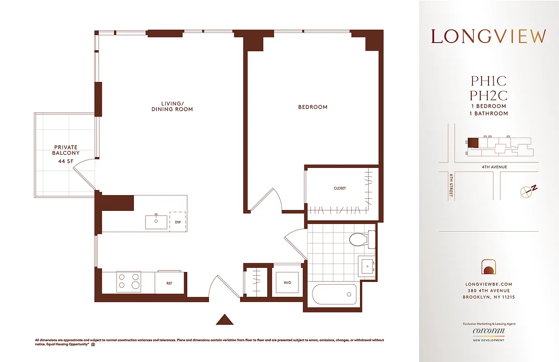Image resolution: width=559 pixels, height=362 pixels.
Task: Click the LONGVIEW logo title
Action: [488, 37]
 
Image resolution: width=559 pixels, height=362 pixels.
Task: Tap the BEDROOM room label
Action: [313, 107]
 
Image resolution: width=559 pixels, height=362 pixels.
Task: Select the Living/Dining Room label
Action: [172, 106]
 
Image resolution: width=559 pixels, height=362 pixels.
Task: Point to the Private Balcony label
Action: [66, 150]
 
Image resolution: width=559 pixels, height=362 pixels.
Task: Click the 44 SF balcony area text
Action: [66, 162]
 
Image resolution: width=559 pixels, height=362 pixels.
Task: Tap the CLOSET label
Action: [340, 188]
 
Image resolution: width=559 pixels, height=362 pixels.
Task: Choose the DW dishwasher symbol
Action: [178, 222]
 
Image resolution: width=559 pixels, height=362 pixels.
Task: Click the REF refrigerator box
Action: [169, 283]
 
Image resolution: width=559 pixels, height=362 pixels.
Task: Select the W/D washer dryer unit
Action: [288, 283]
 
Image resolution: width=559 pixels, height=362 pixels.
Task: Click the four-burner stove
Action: [128, 281]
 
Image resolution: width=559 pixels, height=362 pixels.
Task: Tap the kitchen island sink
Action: [156, 222]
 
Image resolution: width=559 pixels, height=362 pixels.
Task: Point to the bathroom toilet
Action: [361, 239]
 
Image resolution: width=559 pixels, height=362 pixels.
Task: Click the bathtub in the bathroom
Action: [334, 295]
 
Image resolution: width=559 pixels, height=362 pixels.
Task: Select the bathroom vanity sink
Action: [367, 265]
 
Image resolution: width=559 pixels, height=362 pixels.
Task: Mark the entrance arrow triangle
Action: [224, 319]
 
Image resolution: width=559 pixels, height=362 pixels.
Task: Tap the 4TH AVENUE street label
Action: [494, 167]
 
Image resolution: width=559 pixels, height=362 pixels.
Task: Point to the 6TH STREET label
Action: [451, 186]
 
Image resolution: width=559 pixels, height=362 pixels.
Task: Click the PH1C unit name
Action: [488, 81]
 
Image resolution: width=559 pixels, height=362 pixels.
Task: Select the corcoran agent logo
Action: [488, 331]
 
